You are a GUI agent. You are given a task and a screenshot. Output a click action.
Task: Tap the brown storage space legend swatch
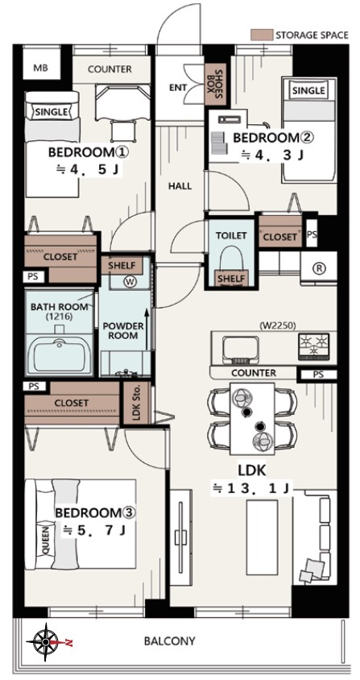pyautogui.click(x=262, y=35)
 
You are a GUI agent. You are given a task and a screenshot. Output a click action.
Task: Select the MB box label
pyautogui.click(x=41, y=68)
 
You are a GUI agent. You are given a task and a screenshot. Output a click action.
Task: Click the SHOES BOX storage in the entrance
pyautogui.click(x=214, y=85)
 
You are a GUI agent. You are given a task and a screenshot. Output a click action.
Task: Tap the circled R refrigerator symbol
pyautogui.click(x=319, y=268)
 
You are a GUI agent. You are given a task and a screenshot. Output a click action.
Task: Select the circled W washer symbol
pyautogui.click(x=129, y=282)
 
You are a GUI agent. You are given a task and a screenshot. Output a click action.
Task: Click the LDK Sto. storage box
pyautogui.click(x=137, y=404)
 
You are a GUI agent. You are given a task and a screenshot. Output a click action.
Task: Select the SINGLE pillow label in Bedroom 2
pyautogui.click(x=308, y=90)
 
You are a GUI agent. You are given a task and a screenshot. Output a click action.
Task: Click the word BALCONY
pyautogui.click(x=170, y=641)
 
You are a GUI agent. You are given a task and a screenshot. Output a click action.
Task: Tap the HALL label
pyautogui.click(x=180, y=186)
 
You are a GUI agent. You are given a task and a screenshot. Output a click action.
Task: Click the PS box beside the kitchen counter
pyautogui.click(x=318, y=375)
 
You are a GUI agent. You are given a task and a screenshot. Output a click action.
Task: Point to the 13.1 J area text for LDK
pyautogui.click(x=250, y=487)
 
